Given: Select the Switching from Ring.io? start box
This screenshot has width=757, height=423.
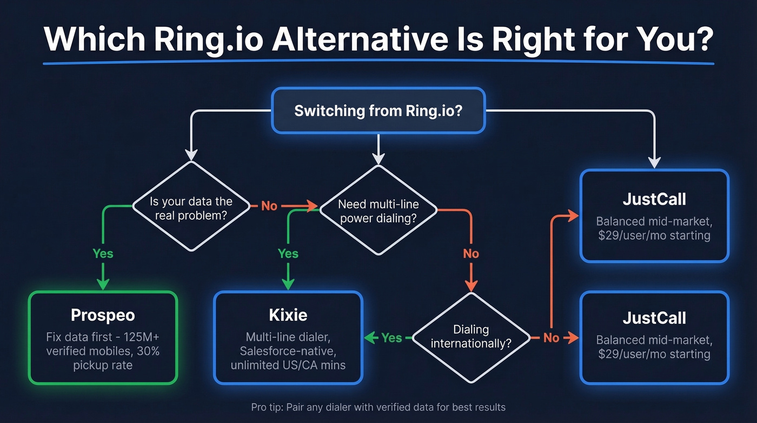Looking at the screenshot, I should point(378,111).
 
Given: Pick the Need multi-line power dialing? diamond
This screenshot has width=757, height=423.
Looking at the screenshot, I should point(378,211).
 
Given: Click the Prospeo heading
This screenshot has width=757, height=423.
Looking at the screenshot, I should point(103,315).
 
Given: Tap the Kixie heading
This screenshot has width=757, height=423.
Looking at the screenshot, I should point(288,315).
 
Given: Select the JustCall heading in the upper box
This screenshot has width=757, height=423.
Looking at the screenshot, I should point(654,199).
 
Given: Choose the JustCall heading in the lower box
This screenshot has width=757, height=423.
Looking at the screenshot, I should point(654,317).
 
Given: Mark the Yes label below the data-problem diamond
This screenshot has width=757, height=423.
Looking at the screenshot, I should point(103,253).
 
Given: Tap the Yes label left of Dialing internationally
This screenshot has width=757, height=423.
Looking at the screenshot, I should point(391,337).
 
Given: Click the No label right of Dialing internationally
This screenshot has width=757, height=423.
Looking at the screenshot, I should point(551,337).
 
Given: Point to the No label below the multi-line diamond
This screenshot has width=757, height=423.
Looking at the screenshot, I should point(471,253).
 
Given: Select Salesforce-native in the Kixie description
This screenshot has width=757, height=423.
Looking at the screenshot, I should point(288,350).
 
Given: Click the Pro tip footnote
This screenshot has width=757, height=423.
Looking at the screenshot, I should point(378,407).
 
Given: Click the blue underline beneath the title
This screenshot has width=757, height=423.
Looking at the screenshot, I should point(378,63).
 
